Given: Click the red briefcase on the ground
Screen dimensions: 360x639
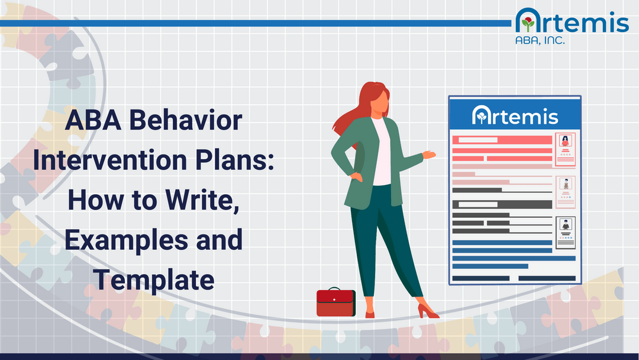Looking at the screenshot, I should (335, 303).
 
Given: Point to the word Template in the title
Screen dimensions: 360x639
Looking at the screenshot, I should (154, 279).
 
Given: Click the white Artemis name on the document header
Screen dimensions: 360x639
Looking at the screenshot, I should (515, 115).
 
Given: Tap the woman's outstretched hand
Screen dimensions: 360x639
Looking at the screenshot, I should (430, 155).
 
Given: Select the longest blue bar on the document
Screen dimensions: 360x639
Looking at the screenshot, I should (514, 258).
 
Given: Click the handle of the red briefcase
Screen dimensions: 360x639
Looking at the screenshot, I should (335, 290).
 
